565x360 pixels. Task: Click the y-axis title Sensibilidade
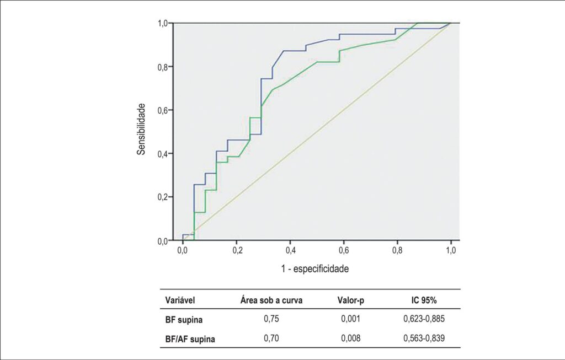(x=141, y=129)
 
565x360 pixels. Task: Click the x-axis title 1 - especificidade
(x=315, y=269)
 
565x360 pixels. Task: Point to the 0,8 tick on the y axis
(x=163, y=67)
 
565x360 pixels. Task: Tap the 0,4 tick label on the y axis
(x=163, y=154)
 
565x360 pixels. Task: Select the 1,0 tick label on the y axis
(x=163, y=23)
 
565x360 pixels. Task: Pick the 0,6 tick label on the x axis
(x=344, y=250)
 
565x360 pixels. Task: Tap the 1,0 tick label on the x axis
(x=451, y=250)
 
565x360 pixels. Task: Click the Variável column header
(x=180, y=300)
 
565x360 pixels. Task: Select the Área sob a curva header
(x=271, y=300)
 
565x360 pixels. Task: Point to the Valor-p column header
(x=350, y=300)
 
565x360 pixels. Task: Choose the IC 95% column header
(x=424, y=300)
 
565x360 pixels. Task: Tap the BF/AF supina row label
(x=190, y=339)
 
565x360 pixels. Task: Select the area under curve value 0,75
(x=271, y=319)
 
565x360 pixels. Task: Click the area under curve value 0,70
(x=271, y=338)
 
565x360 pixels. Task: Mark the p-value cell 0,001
(x=350, y=319)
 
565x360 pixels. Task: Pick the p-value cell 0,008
(x=350, y=338)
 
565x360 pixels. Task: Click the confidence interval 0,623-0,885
(x=424, y=319)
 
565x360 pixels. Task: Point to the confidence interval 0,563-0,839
(x=424, y=338)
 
